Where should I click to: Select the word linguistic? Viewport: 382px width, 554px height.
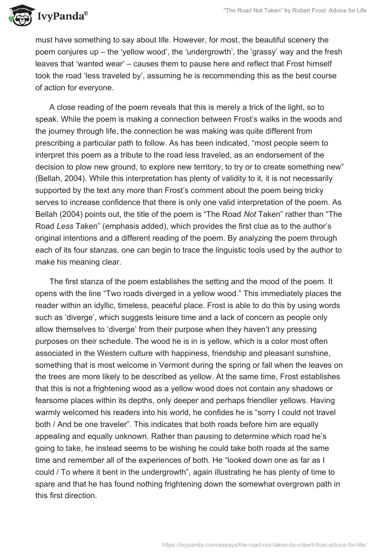click(220, 249)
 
